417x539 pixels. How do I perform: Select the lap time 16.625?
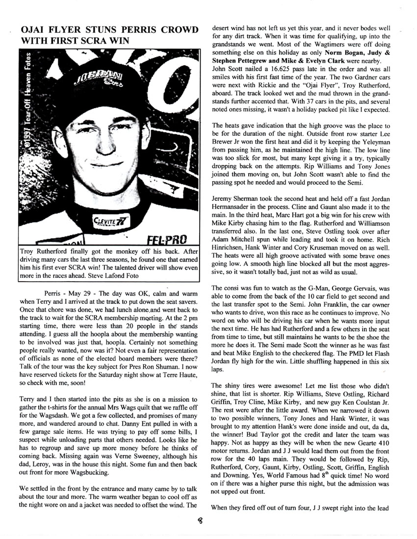265,70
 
